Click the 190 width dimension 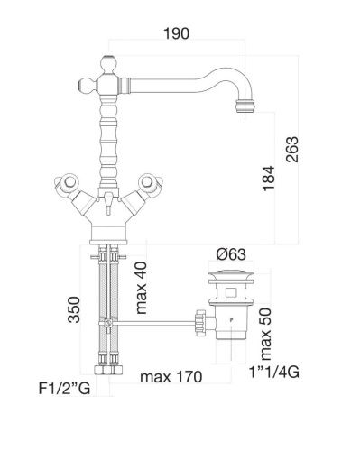coord(176,33)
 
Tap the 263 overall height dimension coord(292,150)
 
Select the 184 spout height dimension coord(268,178)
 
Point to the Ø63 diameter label coord(231,254)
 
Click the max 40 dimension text coord(141,288)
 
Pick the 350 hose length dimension coord(74,309)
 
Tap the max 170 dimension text coord(171,377)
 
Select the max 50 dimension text coord(266,334)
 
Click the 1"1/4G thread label coord(274,373)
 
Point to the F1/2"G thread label coord(64,388)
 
